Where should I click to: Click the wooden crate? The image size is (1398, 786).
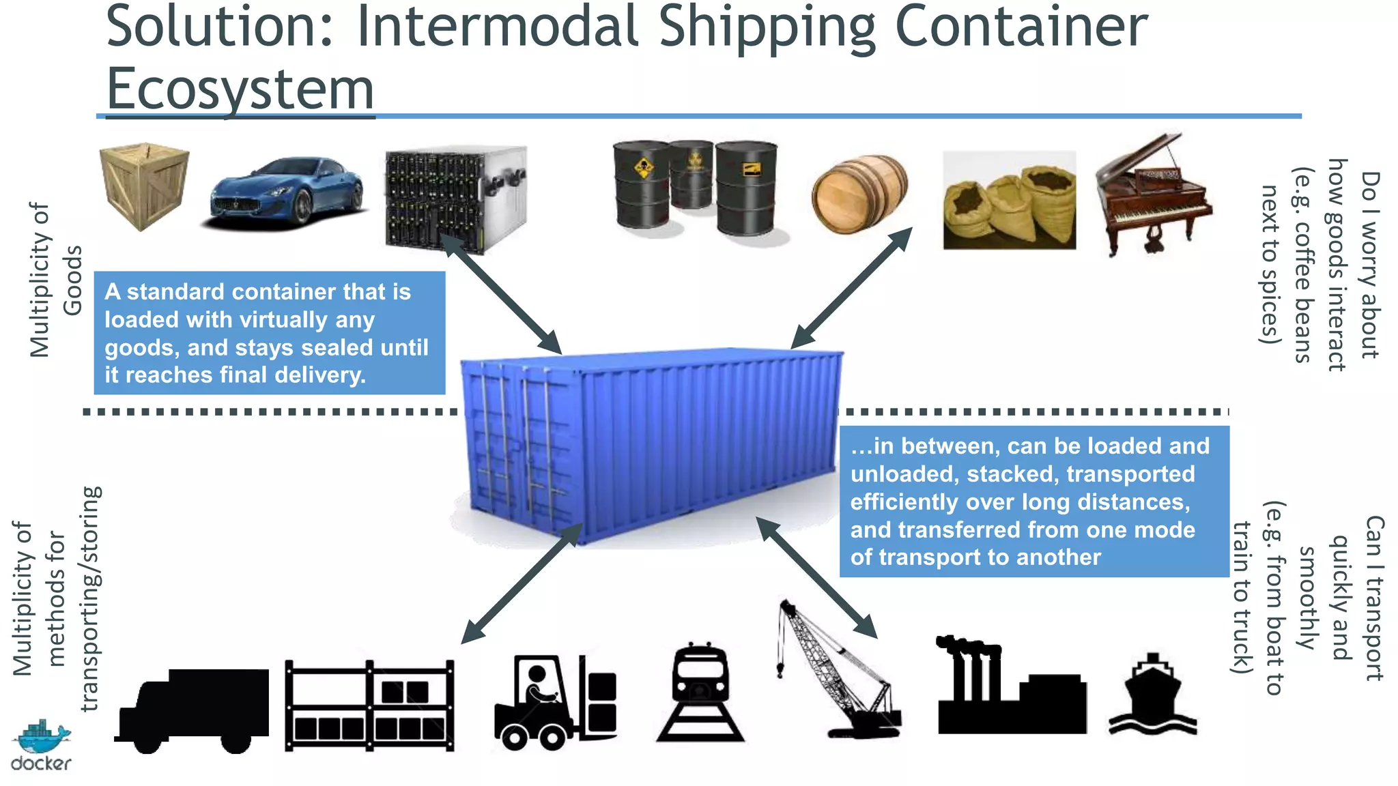coord(144,186)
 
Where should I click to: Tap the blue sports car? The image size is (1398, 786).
coord(285,193)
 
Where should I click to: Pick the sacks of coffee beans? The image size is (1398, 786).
coord(1009,202)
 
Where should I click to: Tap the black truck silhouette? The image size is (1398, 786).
coord(192,710)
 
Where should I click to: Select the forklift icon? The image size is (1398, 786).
coord(554,703)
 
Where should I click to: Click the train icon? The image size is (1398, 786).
coord(700,693)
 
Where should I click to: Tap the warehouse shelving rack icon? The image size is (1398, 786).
coord(369,705)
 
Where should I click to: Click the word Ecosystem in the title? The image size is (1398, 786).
coord(240,89)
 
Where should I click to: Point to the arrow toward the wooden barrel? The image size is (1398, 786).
coord(851,289)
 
